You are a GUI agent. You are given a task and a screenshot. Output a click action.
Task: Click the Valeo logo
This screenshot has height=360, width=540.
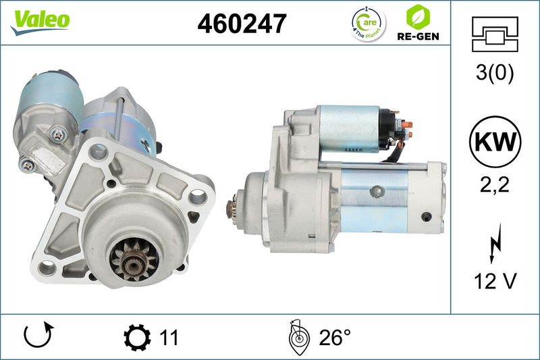(40, 22)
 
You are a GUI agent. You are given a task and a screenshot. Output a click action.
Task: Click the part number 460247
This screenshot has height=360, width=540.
(242, 24)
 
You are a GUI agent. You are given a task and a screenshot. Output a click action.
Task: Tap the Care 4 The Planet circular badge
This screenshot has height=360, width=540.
(369, 24)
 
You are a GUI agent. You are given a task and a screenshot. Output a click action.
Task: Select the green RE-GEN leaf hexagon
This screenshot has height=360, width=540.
(418, 17)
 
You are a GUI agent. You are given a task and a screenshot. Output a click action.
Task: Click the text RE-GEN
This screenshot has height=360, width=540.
(418, 36)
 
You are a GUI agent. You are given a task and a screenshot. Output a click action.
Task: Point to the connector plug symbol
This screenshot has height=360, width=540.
(495, 34)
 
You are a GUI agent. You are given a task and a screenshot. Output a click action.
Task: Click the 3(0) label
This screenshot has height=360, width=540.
(495, 73)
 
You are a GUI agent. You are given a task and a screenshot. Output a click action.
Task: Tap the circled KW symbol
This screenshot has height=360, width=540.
(495, 142)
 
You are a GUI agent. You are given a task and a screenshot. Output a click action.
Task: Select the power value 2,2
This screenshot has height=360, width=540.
(495, 185)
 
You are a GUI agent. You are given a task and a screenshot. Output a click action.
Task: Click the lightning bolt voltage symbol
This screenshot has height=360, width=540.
(495, 243)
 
